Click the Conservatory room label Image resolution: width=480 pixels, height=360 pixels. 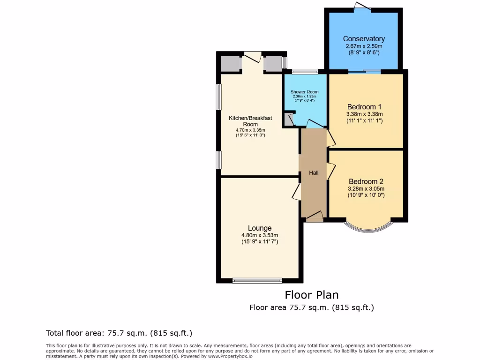364,39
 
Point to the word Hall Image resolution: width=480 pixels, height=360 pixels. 314,173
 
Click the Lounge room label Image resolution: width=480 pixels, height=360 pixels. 260,228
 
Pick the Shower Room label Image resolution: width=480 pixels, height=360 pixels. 304,92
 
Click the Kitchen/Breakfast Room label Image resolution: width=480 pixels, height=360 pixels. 250,121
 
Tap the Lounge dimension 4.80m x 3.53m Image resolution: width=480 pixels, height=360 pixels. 260,235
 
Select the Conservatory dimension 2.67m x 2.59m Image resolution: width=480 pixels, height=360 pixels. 364,46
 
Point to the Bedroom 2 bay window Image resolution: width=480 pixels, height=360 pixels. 368,228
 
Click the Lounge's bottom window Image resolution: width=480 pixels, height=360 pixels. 257,281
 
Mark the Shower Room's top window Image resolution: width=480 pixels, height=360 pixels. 304,72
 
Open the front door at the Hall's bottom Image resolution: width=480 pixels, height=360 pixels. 314,217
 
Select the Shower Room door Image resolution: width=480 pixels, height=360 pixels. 315,124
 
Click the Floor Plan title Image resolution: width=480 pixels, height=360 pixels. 312,295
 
